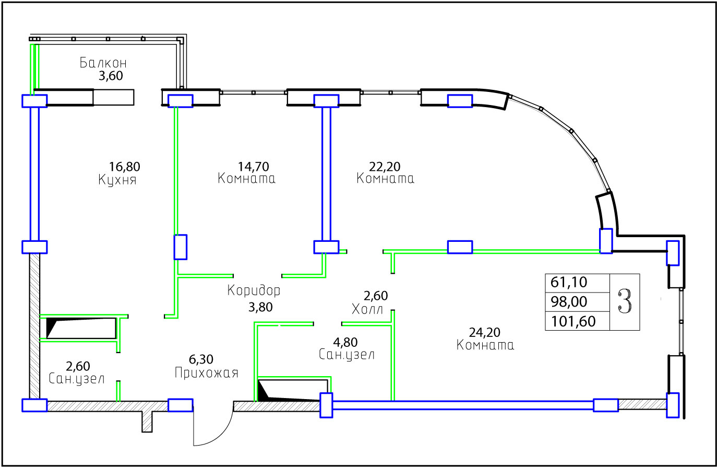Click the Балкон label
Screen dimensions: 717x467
coord(103,63)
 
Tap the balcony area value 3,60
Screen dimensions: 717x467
coord(111,76)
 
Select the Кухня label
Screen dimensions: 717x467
coord(117,180)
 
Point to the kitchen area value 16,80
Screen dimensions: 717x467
coord(125,167)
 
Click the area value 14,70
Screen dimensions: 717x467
coord(253,167)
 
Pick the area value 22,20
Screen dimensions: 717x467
coord(385,167)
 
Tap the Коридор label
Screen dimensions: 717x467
coord(254,290)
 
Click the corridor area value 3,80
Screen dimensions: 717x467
coord(260,307)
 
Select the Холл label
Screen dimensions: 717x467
coord(367,309)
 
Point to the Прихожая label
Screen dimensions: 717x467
coord(207,373)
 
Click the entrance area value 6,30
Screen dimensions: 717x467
coord(201,359)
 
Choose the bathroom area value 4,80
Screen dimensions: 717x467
coord(345,343)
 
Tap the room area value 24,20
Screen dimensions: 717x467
coord(485,333)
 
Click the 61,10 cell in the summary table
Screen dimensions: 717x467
coord(569,283)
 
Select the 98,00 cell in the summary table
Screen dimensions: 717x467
coord(569,301)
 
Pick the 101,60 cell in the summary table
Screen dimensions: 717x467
coord(573,321)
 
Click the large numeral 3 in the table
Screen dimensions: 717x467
coord(625,301)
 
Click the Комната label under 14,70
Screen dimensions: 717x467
coord(246,179)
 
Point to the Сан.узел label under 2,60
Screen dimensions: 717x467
coord(77,379)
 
